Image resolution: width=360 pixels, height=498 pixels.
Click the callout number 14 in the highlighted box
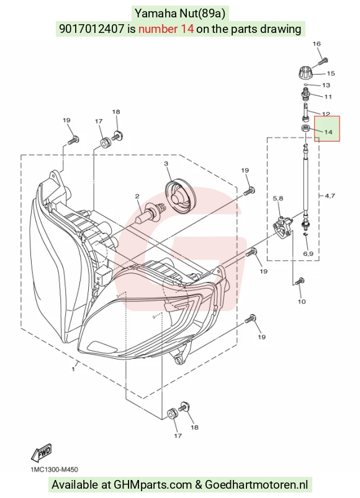[x=328, y=132]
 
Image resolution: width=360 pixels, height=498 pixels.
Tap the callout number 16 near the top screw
[x=317, y=44]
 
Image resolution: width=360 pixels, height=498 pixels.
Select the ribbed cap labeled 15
[x=307, y=73]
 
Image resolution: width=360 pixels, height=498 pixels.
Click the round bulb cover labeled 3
[x=181, y=196]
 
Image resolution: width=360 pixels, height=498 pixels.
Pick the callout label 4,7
[x=330, y=196]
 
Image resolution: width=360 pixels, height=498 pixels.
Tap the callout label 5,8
[x=278, y=199]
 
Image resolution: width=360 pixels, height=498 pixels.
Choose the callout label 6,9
[x=308, y=253]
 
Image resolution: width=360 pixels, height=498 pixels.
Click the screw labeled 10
[x=300, y=281]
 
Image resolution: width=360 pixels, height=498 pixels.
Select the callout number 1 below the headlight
[x=73, y=369]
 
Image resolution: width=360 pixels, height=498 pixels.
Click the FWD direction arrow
[x=41, y=452]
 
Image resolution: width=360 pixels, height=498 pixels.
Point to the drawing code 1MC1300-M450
[x=54, y=469]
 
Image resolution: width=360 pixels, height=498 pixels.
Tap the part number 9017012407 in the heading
[x=91, y=29]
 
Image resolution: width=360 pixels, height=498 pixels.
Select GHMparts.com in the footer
[x=153, y=485]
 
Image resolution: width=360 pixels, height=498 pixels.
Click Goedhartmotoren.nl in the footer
[x=256, y=485]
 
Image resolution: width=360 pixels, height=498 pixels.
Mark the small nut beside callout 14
[x=306, y=129]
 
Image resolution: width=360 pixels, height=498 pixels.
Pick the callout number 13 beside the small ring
[x=326, y=85]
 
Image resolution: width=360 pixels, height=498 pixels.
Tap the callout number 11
[x=328, y=96]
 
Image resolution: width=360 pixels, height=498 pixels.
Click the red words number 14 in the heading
[x=166, y=29]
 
